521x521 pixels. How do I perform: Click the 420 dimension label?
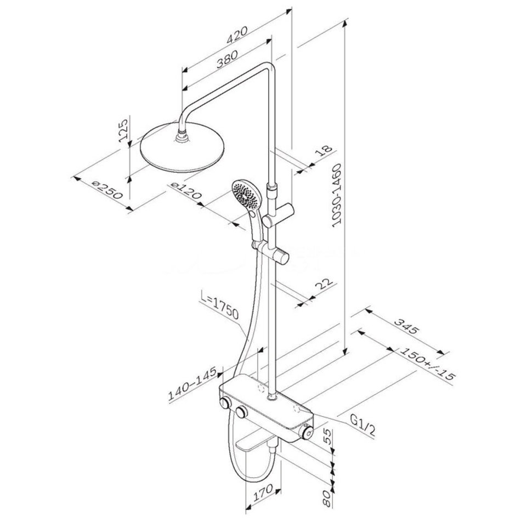click(237, 35)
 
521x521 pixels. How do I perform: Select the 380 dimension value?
click(227, 59)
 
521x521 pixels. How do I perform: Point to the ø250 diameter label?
click(107, 190)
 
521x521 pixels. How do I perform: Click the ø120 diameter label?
click(185, 191)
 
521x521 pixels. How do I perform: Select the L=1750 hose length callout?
click(220, 308)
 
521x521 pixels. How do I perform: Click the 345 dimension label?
click(405, 326)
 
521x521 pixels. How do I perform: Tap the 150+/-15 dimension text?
click(427, 365)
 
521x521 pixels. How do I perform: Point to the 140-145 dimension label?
click(192, 383)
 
